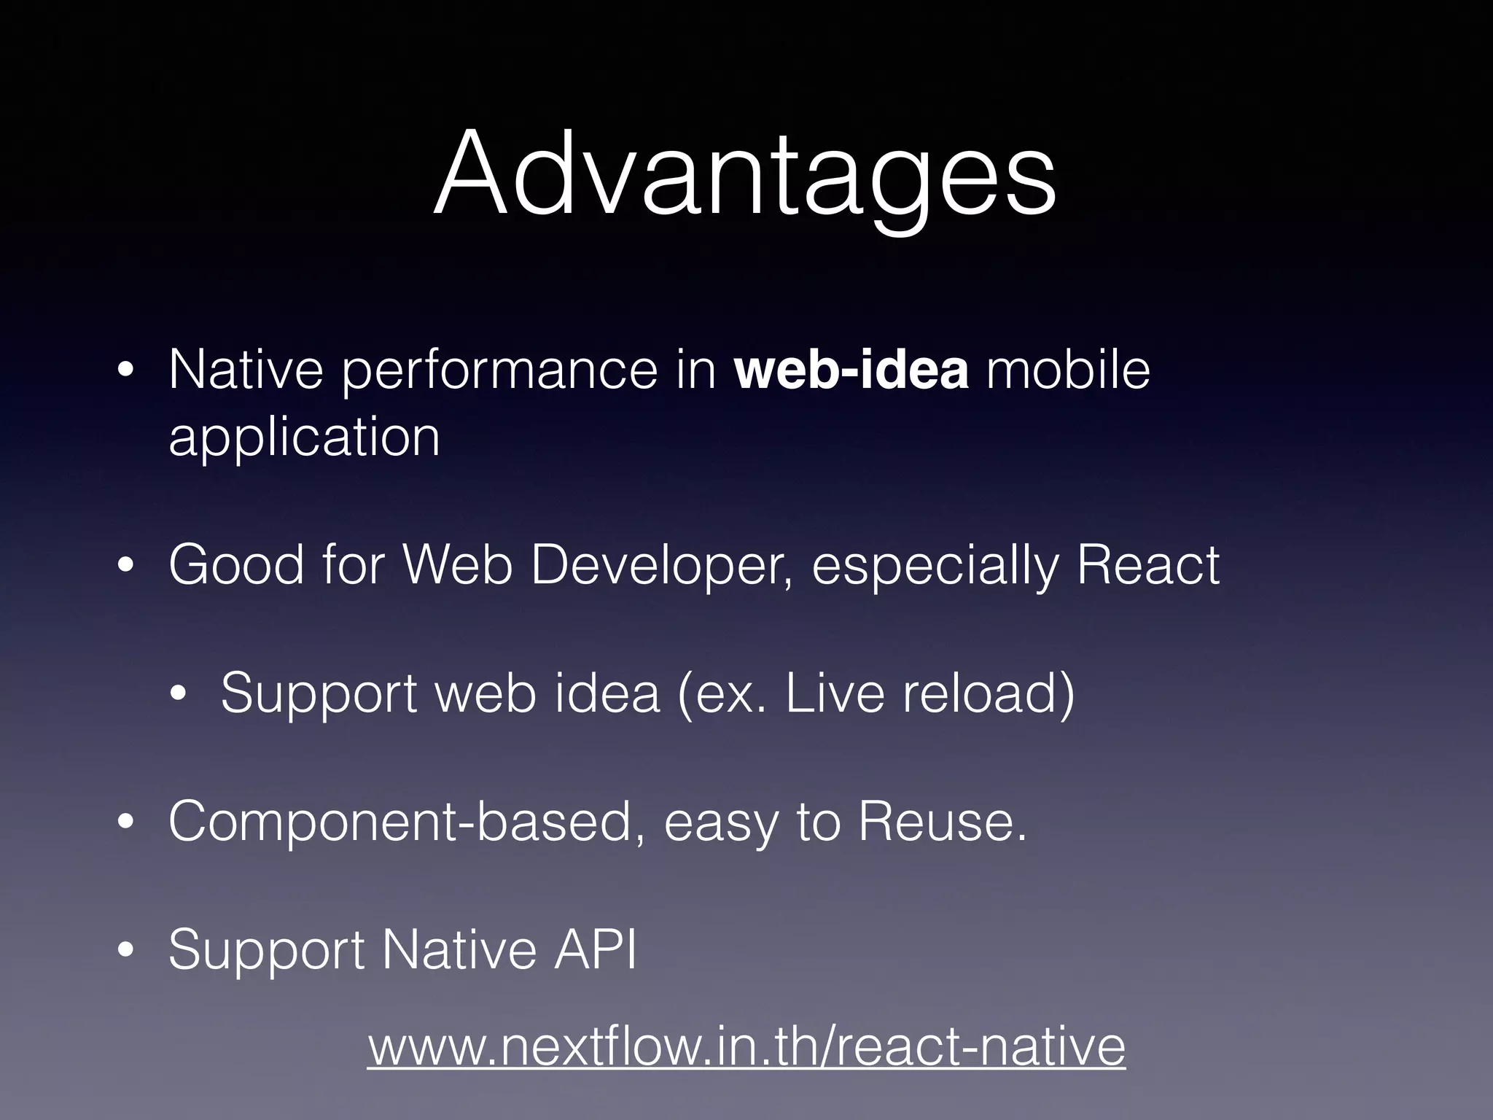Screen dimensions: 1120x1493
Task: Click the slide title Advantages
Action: [x=745, y=175]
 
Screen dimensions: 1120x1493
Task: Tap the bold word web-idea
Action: [x=851, y=370]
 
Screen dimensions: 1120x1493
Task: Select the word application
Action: [x=304, y=437]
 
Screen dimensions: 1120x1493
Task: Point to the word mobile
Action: [x=1068, y=370]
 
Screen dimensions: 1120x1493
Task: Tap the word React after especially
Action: [x=1147, y=565]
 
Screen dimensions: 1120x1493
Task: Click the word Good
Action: [x=236, y=565]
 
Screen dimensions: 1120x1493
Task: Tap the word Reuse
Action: [x=942, y=822]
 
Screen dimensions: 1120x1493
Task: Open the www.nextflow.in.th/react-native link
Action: [x=746, y=1047]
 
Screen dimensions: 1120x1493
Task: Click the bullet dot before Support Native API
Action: [x=126, y=950]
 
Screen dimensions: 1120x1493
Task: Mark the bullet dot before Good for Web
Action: [x=126, y=566]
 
